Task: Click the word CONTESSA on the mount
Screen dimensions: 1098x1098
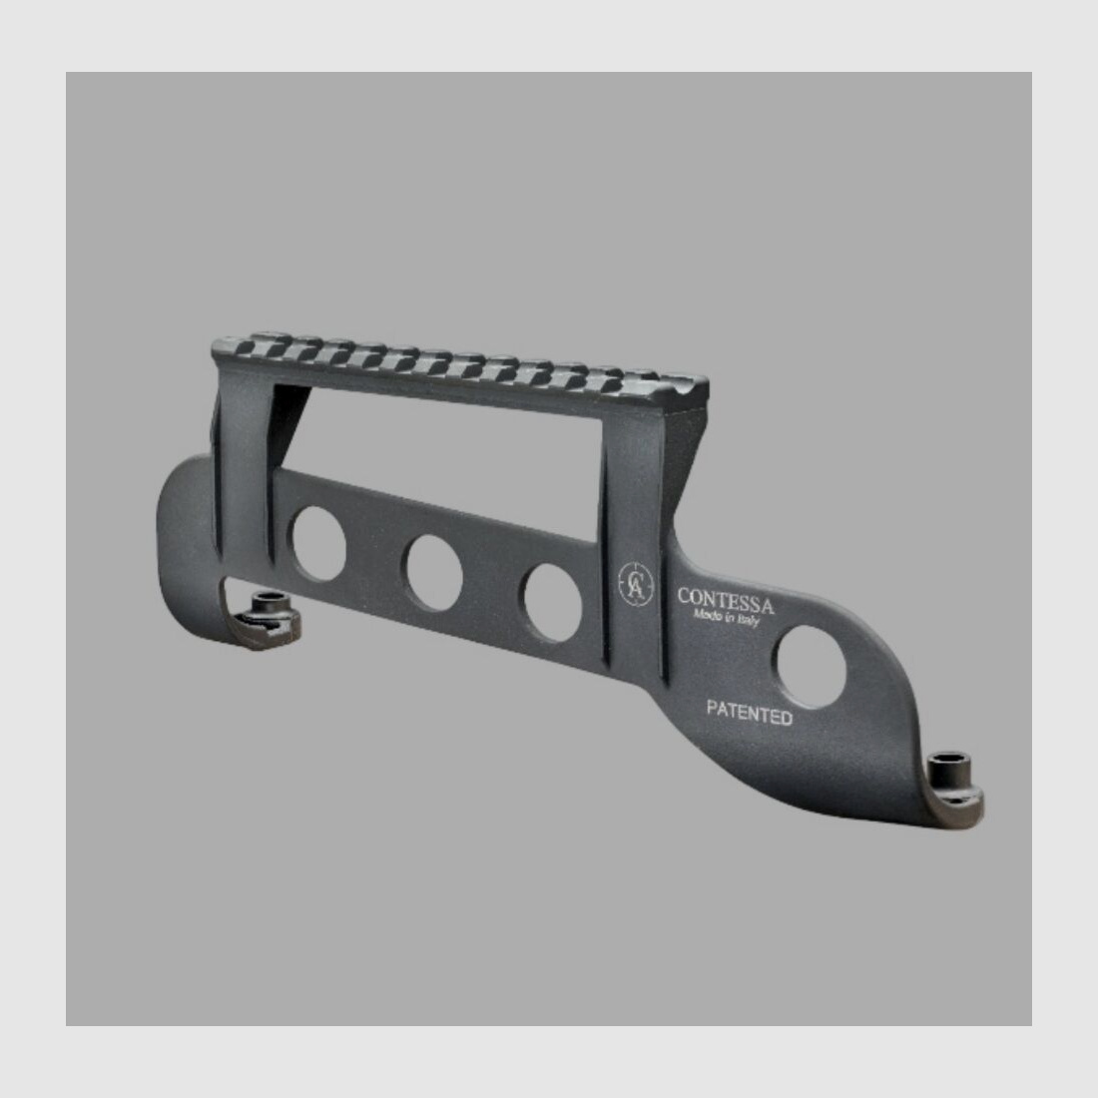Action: point(726,602)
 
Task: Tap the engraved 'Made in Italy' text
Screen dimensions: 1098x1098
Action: point(726,617)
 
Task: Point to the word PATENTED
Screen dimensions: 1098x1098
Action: point(750,712)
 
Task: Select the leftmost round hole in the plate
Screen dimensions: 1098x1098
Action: point(318,543)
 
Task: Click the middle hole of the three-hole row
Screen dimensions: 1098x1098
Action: point(434,573)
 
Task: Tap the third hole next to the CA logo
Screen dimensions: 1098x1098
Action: point(553,603)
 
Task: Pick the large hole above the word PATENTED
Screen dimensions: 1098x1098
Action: point(811,666)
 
